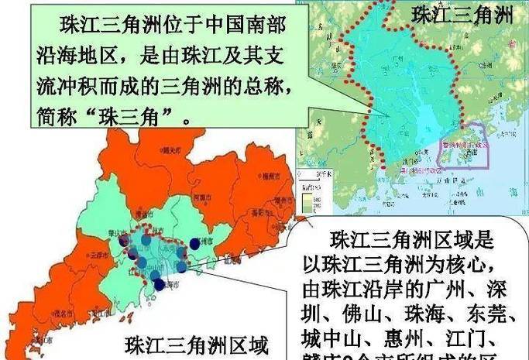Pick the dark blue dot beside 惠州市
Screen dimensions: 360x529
click(194, 243)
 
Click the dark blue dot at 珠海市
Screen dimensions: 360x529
click(160, 284)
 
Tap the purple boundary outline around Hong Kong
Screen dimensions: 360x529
click(464, 145)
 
